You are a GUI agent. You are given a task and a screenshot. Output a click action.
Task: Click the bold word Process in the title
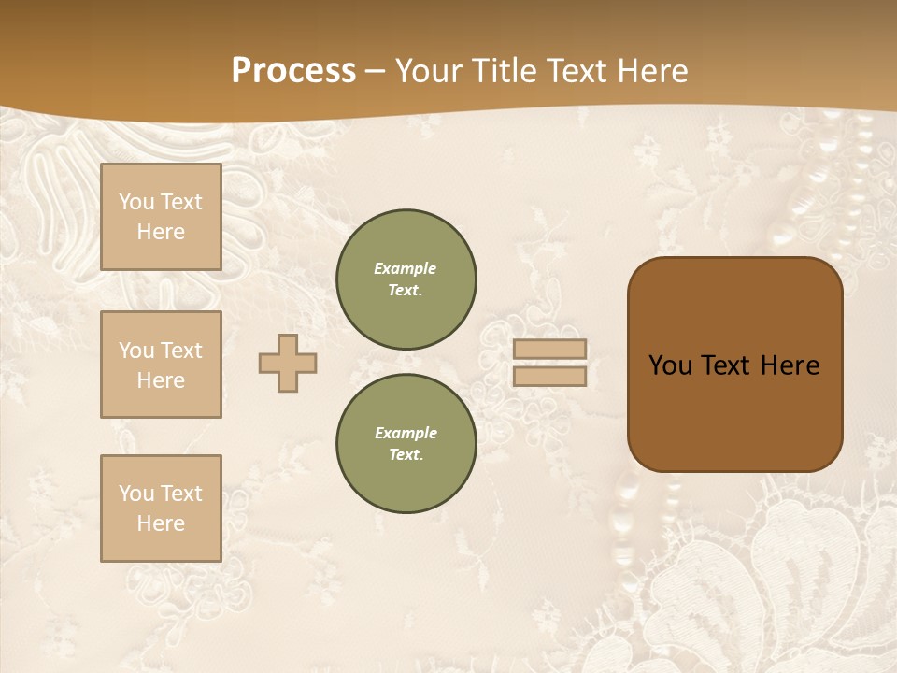[293, 70]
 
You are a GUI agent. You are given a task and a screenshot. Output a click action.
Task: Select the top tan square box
[161, 217]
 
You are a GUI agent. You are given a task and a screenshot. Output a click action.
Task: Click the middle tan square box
[161, 365]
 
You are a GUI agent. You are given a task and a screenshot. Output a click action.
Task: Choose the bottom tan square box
[161, 508]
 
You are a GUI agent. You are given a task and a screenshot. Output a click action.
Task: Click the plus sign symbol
[288, 363]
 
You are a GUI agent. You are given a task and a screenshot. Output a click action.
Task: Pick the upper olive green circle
[406, 279]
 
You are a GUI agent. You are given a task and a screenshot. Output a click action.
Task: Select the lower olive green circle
[406, 444]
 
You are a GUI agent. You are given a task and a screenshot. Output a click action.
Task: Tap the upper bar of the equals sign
[549, 350]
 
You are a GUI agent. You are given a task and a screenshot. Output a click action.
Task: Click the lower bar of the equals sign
[549, 376]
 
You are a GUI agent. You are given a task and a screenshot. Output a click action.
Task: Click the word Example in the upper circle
[406, 268]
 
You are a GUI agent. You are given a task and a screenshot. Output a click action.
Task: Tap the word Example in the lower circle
[406, 433]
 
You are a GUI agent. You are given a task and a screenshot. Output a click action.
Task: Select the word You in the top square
[135, 202]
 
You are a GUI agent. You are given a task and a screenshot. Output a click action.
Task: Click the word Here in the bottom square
[161, 523]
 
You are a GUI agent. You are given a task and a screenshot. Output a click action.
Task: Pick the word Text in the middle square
[180, 351]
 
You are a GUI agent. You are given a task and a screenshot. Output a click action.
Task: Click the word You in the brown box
[669, 365]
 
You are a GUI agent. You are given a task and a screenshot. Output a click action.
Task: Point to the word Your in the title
[426, 70]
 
